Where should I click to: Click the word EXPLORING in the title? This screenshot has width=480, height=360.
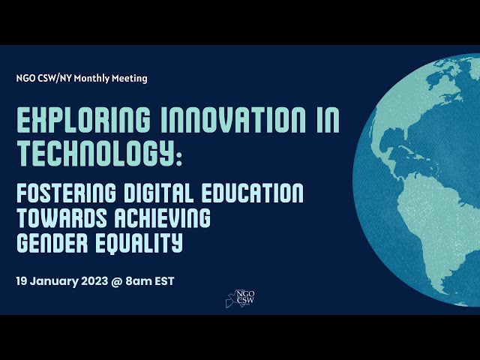click(x=83, y=120)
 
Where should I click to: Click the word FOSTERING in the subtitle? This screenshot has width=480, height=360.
click(x=67, y=193)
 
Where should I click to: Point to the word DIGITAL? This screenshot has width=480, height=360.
click(x=158, y=193)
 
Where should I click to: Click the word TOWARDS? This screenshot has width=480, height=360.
click(x=61, y=217)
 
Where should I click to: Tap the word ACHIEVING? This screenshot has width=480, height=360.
click(x=163, y=217)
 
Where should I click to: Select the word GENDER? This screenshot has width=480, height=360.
click(x=52, y=242)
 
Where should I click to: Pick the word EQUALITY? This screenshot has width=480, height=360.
click(x=139, y=243)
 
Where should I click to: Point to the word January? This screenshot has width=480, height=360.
click(x=54, y=281)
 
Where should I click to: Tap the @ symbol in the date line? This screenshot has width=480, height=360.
click(x=117, y=281)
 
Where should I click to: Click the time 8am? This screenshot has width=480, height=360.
click(x=139, y=281)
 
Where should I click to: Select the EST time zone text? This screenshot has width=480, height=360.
click(x=165, y=281)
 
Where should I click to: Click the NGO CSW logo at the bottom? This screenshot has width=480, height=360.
click(x=241, y=298)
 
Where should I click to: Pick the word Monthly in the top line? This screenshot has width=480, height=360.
click(x=91, y=79)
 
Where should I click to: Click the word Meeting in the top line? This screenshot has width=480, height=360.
click(x=129, y=79)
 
